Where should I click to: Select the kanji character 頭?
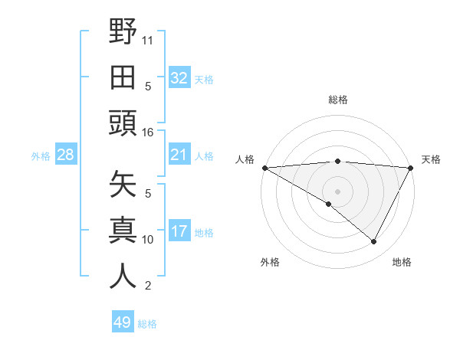pyautogui.click(x=123, y=123)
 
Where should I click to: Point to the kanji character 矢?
pyautogui.click(x=123, y=185)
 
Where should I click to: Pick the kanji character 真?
pyautogui.click(x=123, y=230)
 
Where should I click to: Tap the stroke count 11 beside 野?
pyautogui.click(x=148, y=38)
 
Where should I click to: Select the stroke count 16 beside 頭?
pyautogui.click(x=148, y=132)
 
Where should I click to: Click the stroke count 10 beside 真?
pyautogui.click(x=148, y=239)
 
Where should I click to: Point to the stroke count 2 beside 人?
pyautogui.click(x=148, y=286)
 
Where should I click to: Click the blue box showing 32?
pyautogui.click(x=179, y=78)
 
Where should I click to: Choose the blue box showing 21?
pyautogui.click(x=179, y=155)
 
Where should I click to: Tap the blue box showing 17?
pyautogui.click(x=179, y=232)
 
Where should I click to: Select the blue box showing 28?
pyautogui.click(x=65, y=155)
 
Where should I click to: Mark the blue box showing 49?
pyautogui.click(x=122, y=322)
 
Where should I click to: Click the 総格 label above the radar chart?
pyautogui.click(x=337, y=100)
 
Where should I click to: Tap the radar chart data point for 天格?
pyautogui.click(x=411, y=168)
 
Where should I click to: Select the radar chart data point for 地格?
pyautogui.click(x=374, y=241)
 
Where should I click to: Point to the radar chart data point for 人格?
pyautogui.click(x=264, y=168)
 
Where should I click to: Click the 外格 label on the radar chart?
pyautogui.click(x=270, y=262)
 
